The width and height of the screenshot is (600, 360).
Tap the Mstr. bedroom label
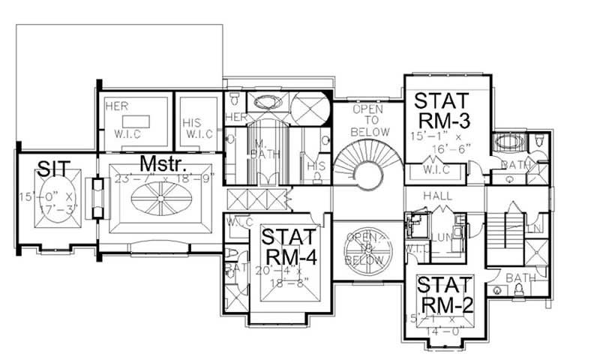165,163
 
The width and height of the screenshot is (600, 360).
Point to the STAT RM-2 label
445,295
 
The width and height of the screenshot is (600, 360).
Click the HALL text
436,196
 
